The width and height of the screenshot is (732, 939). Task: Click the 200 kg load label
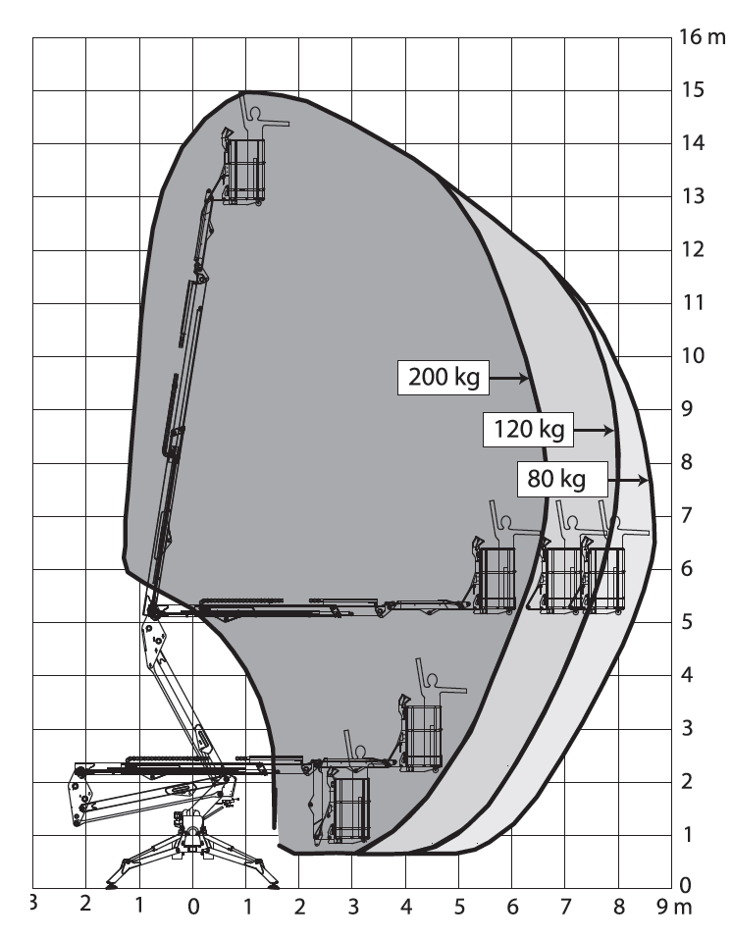(x=442, y=378)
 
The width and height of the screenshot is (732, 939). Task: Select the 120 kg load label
(x=527, y=430)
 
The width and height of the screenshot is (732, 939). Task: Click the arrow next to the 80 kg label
(x=628, y=481)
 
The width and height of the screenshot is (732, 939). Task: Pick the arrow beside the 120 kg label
(x=593, y=430)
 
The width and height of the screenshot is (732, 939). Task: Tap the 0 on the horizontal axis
(x=193, y=907)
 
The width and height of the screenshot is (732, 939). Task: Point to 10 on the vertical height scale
(x=692, y=355)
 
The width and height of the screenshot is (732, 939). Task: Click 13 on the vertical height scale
(x=692, y=196)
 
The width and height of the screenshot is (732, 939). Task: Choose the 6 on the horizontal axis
(x=511, y=907)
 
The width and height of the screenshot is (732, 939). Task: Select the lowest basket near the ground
(x=350, y=809)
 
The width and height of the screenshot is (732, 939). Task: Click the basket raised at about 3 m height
(x=423, y=736)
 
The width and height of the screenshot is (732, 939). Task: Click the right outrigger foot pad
(x=271, y=882)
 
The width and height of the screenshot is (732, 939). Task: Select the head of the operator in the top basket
(x=256, y=113)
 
